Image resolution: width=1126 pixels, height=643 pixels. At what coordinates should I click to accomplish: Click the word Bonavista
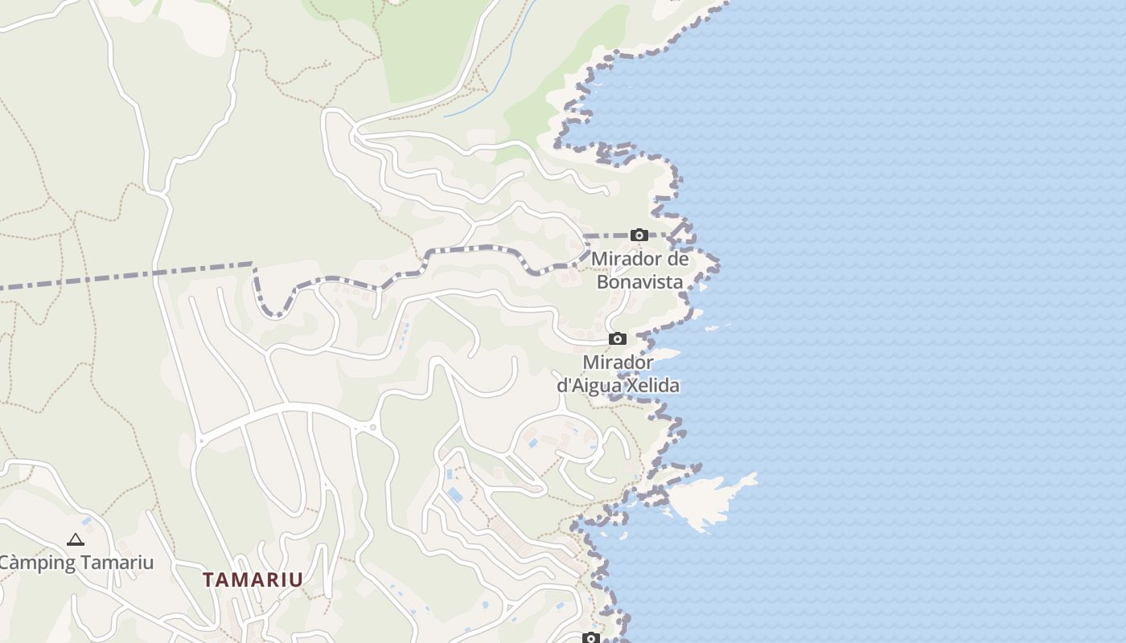coord(640,282)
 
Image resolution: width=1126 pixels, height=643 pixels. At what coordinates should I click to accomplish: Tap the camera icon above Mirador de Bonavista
coord(639,235)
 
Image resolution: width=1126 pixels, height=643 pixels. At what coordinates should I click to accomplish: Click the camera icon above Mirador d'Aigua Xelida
coord(617,338)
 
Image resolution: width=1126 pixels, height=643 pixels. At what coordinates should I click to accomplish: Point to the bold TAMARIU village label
coord(253,580)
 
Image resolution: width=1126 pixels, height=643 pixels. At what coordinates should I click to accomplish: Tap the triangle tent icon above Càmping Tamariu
coord(76,539)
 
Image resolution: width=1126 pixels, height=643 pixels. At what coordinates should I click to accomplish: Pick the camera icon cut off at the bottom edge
coord(591,638)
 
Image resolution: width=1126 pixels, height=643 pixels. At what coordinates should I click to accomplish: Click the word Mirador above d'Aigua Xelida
coord(618,362)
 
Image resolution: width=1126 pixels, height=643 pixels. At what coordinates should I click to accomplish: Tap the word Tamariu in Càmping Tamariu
coord(116,563)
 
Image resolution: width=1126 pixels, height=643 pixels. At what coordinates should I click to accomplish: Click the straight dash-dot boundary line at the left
coord(121,276)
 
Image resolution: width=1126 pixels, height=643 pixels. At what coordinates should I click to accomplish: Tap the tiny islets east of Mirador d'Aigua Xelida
coord(716,327)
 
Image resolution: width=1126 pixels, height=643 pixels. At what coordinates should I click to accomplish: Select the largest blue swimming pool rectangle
coord(455,495)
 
